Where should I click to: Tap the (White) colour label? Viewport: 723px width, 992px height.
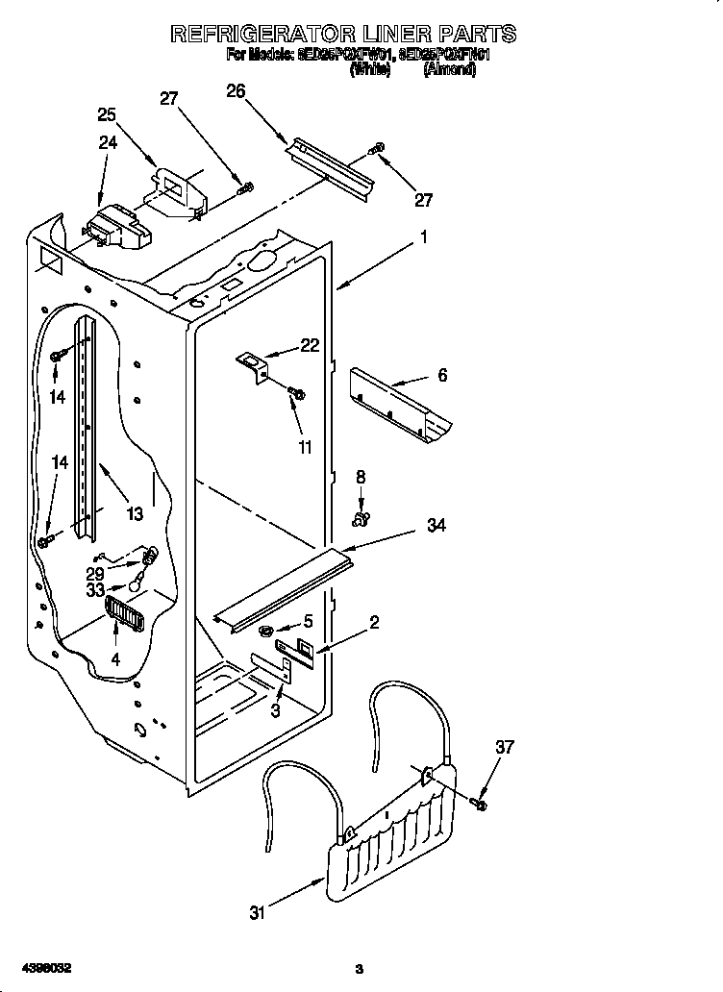pyautogui.click(x=370, y=70)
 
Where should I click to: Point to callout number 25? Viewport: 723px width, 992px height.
pyautogui.click(x=107, y=114)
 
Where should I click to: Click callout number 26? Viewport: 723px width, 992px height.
pyautogui.click(x=236, y=91)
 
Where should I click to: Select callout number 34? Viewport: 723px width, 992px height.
pyautogui.click(x=436, y=526)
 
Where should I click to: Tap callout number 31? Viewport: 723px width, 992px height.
pyautogui.click(x=256, y=912)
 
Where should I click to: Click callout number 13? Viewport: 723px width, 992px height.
pyautogui.click(x=134, y=513)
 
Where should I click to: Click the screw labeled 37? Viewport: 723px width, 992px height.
pyautogui.click(x=481, y=801)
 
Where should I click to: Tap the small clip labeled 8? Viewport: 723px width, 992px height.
pyautogui.click(x=361, y=520)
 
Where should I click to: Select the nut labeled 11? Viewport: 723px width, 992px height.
pyautogui.click(x=296, y=392)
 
